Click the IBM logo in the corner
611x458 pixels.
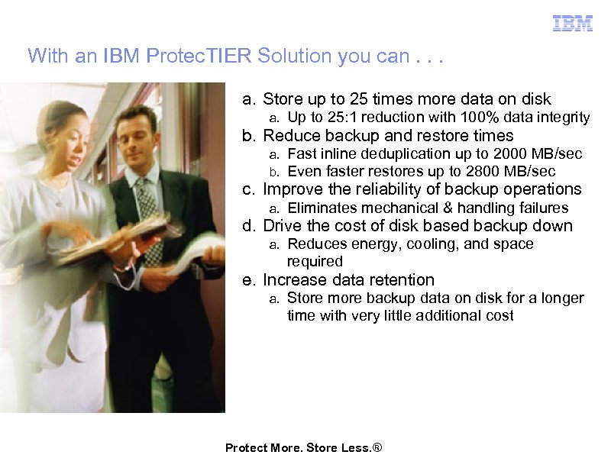click(x=573, y=23)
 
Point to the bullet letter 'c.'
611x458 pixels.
click(x=249, y=189)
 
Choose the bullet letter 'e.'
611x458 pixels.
click(x=249, y=280)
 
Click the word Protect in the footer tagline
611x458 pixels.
click(x=245, y=448)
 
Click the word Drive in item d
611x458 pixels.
click(x=280, y=226)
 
